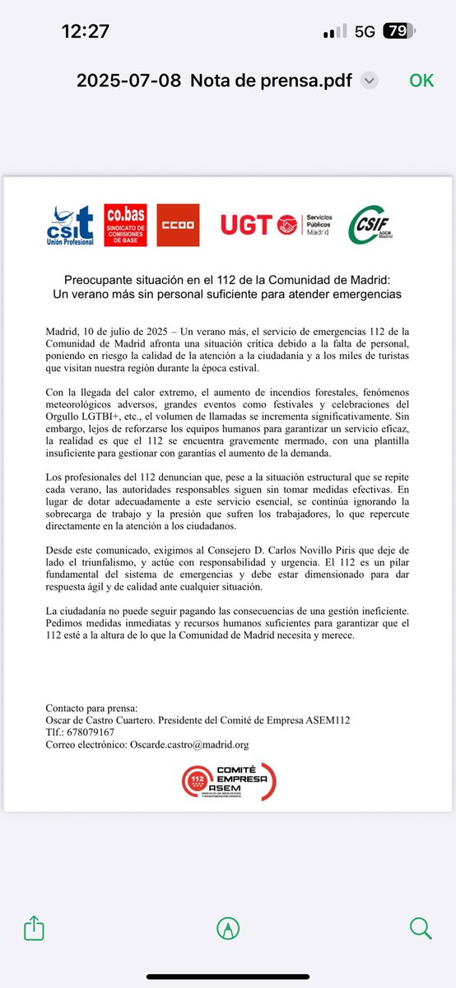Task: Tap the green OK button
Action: (x=421, y=81)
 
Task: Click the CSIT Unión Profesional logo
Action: (x=70, y=224)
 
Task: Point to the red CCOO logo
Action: (x=177, y=224)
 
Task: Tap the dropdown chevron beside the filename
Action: (x=370, y=81)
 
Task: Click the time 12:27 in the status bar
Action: (x=85, y=32)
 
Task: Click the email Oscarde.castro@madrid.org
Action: (x=189, y=744)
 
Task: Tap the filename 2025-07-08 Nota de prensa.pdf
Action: (x=214, y=81)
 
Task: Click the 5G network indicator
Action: (x=365, y=32)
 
